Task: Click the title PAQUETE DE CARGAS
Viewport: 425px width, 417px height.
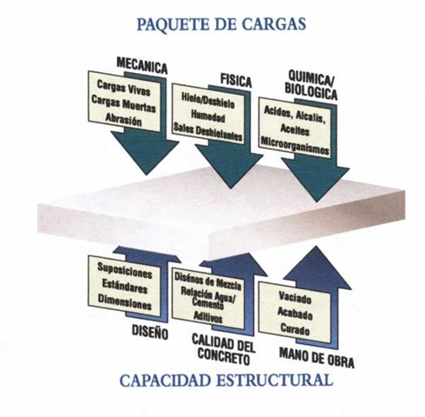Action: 221,24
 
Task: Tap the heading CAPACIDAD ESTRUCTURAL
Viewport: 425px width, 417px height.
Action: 226,381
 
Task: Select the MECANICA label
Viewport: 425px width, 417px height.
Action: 141,65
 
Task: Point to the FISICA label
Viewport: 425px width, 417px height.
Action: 236,80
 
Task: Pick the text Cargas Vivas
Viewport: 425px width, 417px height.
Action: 123,88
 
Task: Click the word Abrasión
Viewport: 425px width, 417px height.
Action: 123,119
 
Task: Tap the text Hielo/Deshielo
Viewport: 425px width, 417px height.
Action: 207,102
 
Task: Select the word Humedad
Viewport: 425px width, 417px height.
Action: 207,116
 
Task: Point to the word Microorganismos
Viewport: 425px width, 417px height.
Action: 295,145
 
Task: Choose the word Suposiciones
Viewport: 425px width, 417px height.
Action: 125,270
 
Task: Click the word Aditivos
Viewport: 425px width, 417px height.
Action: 208,317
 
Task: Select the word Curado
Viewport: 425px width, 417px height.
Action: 295,329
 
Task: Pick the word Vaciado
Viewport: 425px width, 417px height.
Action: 295,297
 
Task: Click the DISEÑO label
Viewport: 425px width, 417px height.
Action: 150,332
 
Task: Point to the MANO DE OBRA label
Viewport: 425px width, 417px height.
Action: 317,358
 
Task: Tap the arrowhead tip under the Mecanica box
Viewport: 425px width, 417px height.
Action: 147,175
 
